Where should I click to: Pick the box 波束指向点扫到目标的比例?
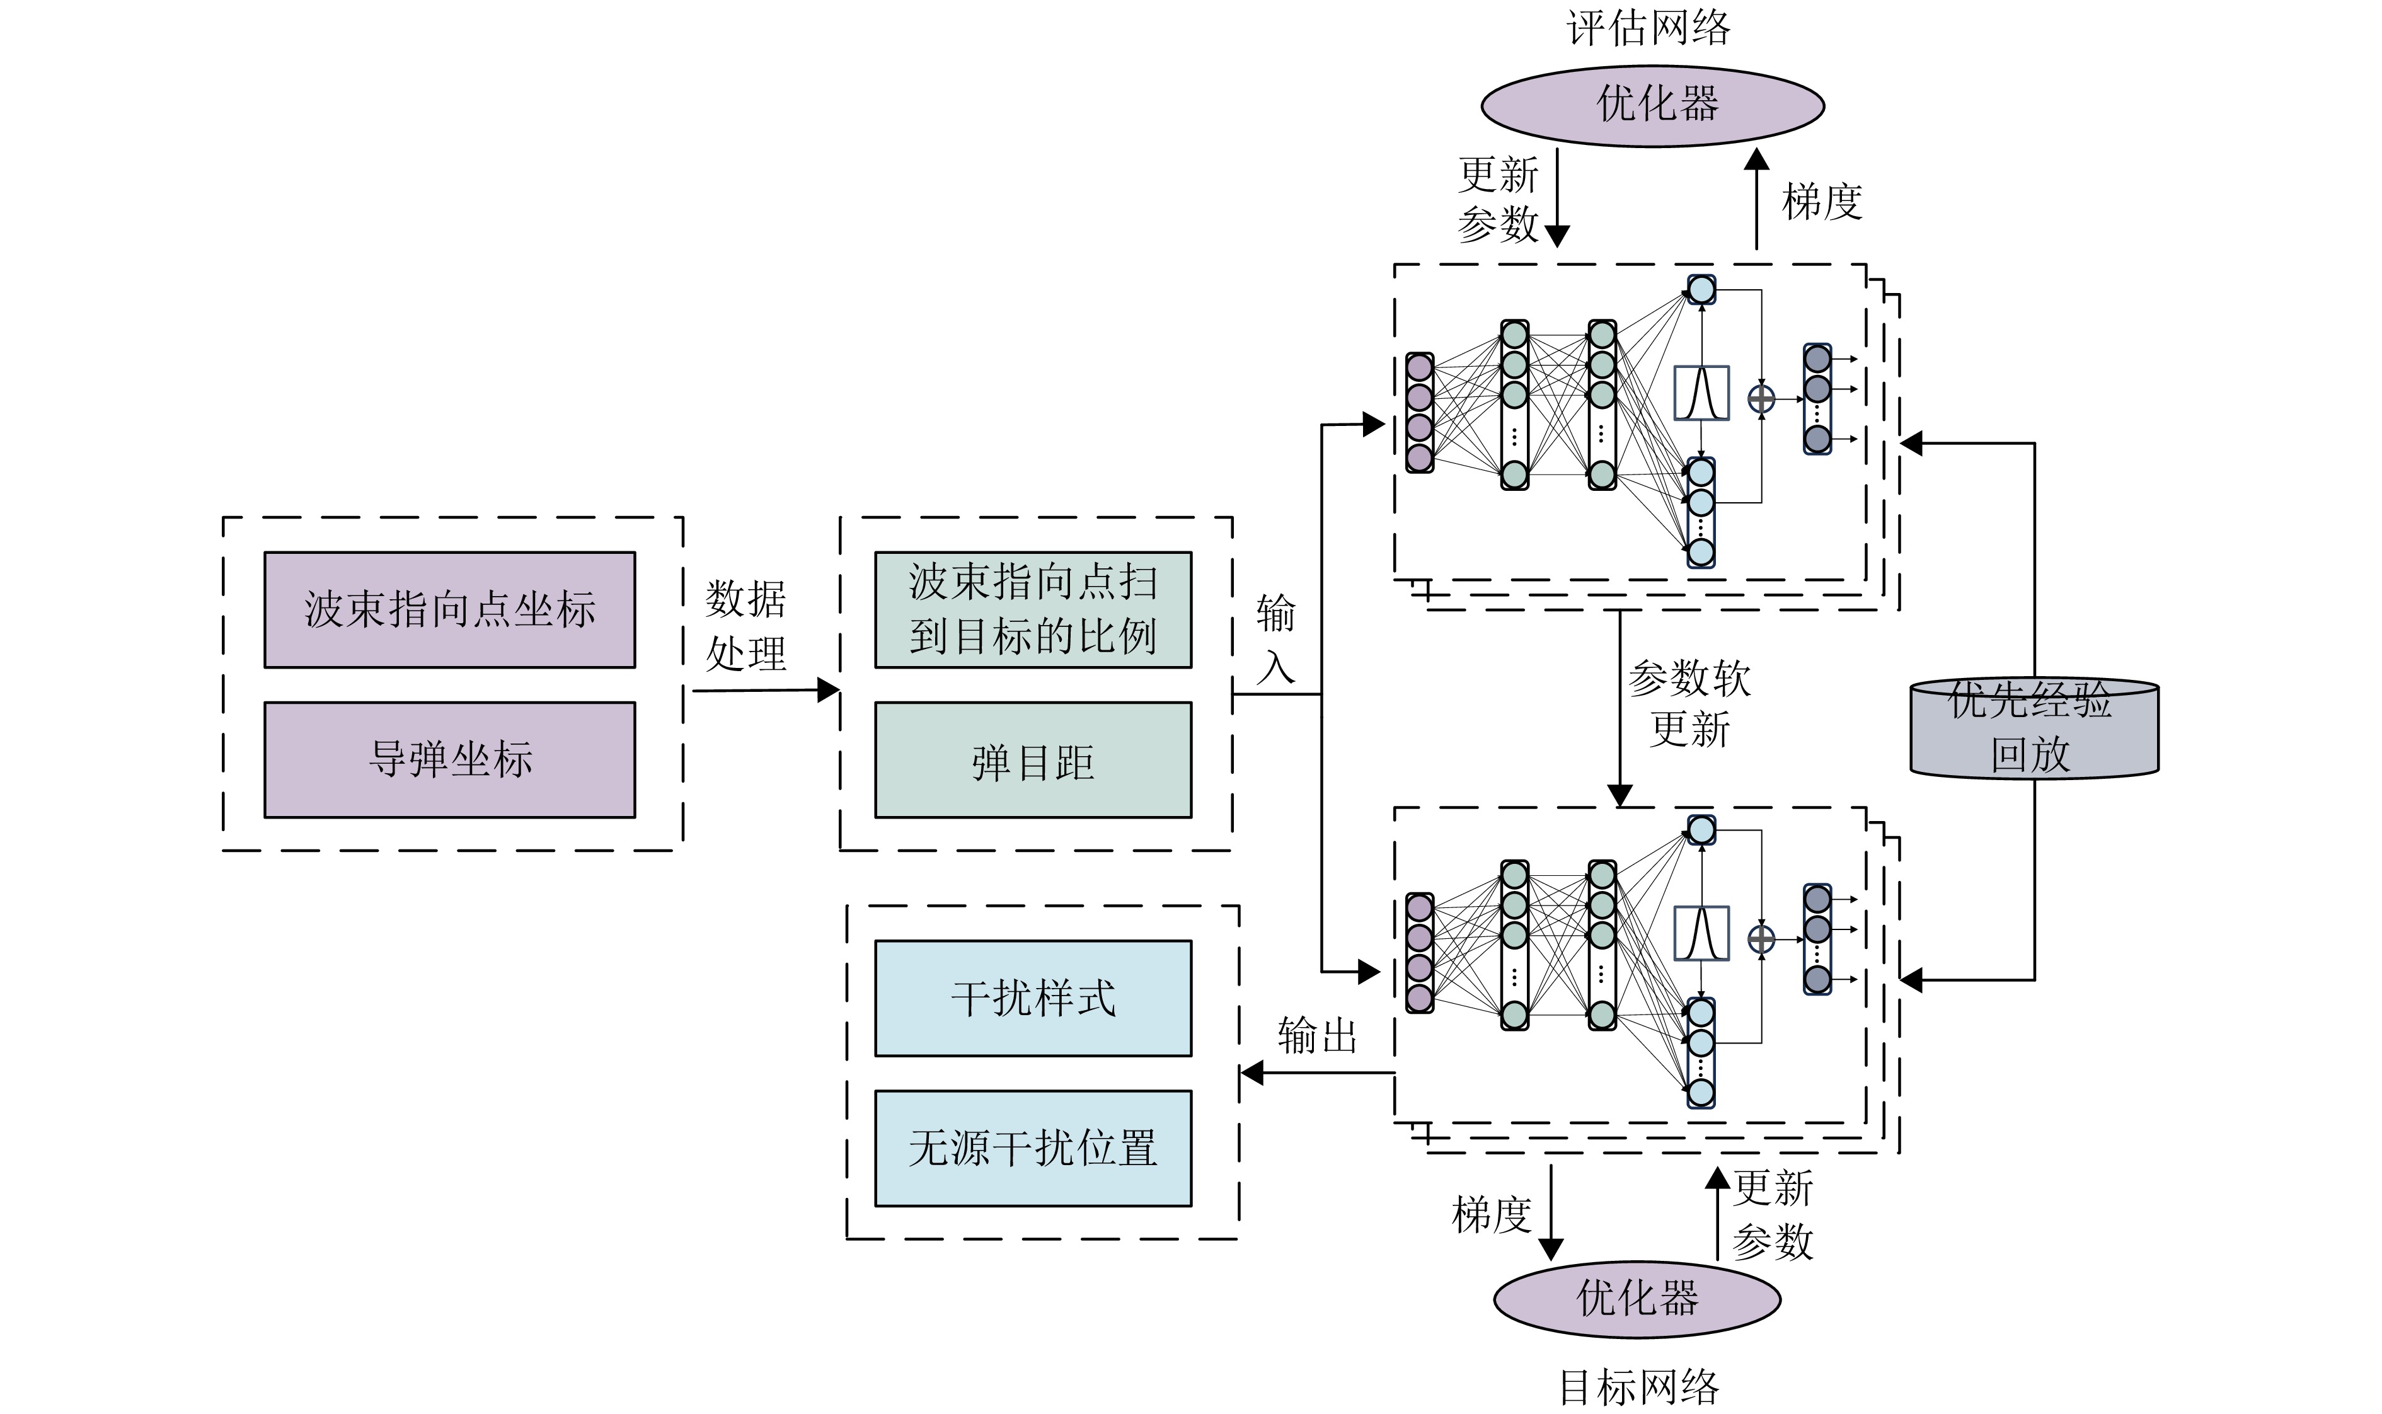[1033, 610]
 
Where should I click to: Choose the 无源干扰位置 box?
[1033, 1148]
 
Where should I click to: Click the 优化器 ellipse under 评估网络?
[1652, 105]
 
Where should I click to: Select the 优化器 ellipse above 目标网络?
[1637, 1299]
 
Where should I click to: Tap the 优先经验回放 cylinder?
[2034, 729]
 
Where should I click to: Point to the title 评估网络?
[1648, 26]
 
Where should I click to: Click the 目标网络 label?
[1639, 1388]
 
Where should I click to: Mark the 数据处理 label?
[745, 626]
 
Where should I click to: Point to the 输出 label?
[1317, 1036]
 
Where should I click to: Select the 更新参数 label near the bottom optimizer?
[1772, 1215]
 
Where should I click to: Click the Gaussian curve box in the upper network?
[1701, 393]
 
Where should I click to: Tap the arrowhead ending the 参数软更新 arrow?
[1620, 795]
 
